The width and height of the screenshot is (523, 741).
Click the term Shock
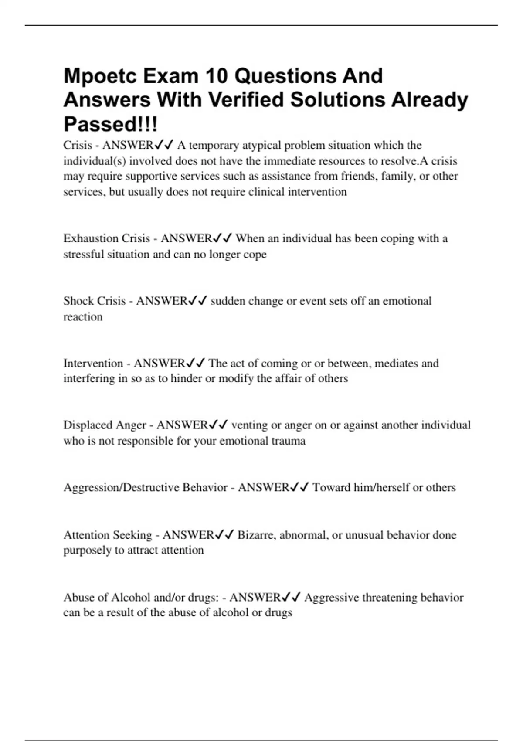(78, 301)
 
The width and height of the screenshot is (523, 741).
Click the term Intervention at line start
(93, 363)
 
